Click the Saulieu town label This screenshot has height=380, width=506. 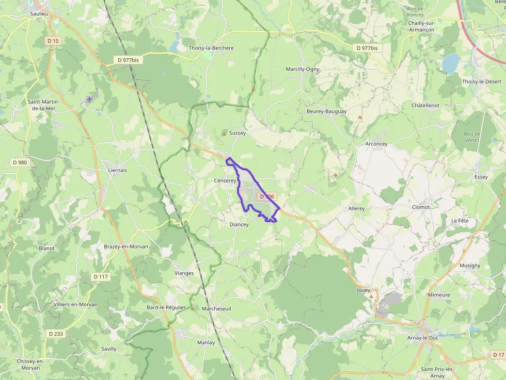point(39,14)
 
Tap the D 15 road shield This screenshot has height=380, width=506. point(53,40)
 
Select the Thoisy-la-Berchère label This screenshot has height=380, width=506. point(211,48)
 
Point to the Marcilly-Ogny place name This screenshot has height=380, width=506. point(303,69)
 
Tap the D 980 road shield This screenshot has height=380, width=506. point(20,162)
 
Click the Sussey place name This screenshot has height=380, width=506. point(238,133)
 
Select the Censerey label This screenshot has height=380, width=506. point(225,181)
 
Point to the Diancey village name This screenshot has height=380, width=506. point(239,224)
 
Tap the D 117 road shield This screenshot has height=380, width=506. point(101,277)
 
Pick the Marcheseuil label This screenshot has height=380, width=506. point(217,309)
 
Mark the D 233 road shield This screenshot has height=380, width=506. point(56,334)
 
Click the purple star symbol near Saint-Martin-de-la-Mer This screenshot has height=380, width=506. point(89,99)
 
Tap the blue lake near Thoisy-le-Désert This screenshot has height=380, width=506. point(451,64)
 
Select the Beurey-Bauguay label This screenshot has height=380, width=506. point(326,111)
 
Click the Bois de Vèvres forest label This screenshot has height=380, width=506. point(472,137)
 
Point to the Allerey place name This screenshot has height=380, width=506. point(356,209)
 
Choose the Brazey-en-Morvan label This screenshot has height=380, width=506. point(126,246)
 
